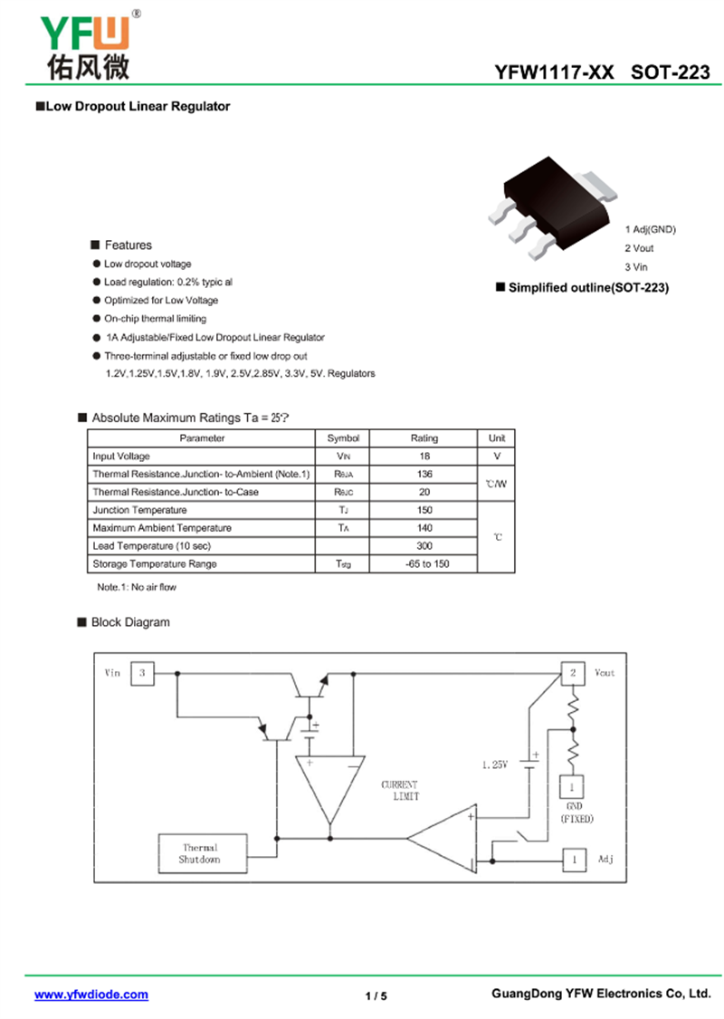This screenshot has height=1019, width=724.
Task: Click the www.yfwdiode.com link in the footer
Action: [90, 995]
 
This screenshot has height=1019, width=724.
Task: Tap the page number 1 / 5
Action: [376, 995]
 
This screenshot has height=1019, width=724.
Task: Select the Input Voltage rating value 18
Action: [424, 457]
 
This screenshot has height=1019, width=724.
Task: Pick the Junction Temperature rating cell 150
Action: [424, 510]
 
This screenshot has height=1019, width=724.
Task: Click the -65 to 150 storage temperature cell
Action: [427, 564]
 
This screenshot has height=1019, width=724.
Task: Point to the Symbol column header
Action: [343, 438]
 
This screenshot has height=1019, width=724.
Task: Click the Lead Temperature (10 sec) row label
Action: [152, 546]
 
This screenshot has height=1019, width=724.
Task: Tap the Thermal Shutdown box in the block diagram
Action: [203, 853]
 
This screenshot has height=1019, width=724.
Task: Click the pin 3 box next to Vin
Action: [142, 673]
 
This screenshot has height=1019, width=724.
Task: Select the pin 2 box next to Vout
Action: [573, 673]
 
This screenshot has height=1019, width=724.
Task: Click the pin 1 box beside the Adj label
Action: [574, 860]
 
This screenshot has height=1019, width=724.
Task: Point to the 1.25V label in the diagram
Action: [495, 764]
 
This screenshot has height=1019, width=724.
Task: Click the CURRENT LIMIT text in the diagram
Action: [400, 790]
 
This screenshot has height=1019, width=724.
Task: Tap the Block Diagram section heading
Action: [130, 622]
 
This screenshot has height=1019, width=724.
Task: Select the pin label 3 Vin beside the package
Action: [636, 267]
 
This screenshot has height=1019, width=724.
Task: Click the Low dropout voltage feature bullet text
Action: [148, 264]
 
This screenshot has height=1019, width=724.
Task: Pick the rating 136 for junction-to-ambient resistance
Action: [424, 475]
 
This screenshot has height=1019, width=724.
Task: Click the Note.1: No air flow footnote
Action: [137, 587]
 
